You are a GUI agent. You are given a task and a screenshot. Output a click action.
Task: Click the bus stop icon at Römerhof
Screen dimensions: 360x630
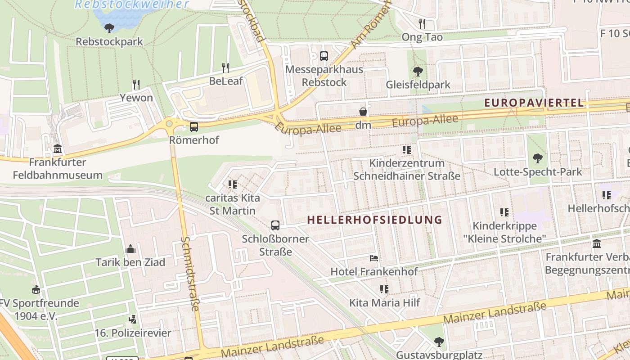click(x=194, y=127)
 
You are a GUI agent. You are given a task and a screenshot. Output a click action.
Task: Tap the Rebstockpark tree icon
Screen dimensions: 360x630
click(x=109, y=28)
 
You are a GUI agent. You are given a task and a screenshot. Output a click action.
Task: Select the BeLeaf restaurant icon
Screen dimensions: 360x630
click(x=225, y=68)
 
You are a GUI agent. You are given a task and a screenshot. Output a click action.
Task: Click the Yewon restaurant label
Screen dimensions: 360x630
click(x=136, y=98)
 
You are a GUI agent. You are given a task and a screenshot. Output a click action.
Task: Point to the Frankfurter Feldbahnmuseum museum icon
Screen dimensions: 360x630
click(x=58, y=148)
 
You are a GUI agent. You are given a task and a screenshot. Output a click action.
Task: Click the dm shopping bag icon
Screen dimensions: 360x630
click(x=363, y=112)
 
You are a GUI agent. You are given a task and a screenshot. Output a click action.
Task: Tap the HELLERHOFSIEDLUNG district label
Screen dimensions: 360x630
click(x=375, y=220)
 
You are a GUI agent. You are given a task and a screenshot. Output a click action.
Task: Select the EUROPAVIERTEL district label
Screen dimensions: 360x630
click(x=534, y=103)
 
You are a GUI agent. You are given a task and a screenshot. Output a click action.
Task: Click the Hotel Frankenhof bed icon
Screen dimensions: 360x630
click(x=374, y=258)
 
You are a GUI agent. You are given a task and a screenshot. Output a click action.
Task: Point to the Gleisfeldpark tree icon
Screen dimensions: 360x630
click(x=418, y=71)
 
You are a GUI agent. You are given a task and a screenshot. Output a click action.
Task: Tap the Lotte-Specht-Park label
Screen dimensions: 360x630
click(x=538, y=172)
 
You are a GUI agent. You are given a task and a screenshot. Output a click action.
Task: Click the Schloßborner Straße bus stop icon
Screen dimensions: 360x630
click(x=275, y=225)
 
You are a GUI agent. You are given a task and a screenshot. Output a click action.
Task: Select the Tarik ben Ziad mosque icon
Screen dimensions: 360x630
click(x=130, y=249)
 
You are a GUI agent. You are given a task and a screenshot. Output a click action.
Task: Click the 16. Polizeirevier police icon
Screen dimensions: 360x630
click(x=133, y=320)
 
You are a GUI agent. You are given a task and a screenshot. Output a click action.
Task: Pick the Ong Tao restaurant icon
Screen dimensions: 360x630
click(x=422, y=23)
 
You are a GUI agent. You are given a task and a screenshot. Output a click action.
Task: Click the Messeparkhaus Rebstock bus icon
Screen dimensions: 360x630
click(x=324, y=56)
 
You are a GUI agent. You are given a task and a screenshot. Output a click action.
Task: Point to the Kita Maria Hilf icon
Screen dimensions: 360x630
click(x=384, y=289)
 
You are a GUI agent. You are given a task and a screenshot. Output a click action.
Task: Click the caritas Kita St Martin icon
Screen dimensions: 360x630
click(x=232, y=184)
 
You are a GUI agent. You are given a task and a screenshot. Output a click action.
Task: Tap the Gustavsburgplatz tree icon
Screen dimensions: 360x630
click(x=439, y=342)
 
